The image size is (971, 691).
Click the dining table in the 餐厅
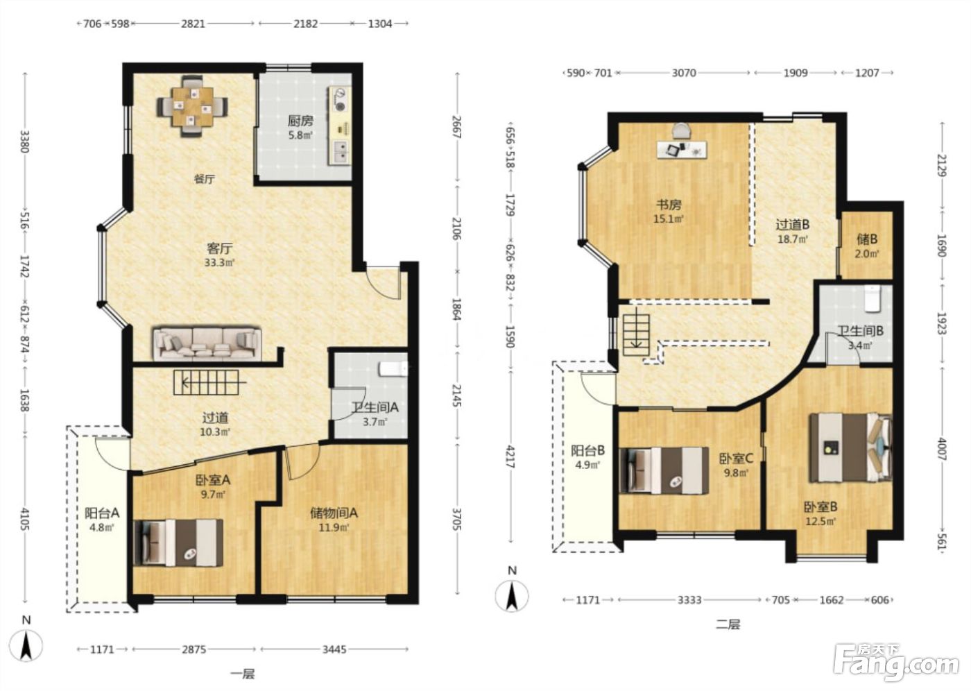coord(193,107)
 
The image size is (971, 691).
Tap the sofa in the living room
coord(207,344)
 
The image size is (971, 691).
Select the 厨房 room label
coord(300,121)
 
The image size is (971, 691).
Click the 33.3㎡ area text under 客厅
coord(220,262)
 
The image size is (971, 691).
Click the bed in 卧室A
coord(179,543)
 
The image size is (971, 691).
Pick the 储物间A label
coord(334,513)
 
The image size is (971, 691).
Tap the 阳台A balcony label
coord(102,513)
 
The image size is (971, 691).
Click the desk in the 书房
coord(682,149)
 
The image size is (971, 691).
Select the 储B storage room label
coord(867,239)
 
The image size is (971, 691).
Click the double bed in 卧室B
coord(850,447)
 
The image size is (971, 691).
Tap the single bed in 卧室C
coord(664,471)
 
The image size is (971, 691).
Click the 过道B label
coord(792,225)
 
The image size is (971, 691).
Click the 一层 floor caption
coord(243,674)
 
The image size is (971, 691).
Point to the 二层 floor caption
coord(728,624)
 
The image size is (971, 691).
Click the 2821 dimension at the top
coord(193,24)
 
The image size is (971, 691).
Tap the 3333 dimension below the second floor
coord(689,600)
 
